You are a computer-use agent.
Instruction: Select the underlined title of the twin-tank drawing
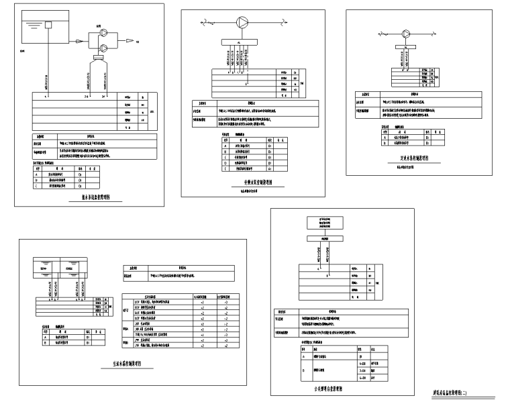[126, 364]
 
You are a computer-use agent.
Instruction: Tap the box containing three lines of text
[323, 224]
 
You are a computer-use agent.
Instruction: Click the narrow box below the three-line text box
[323, 238]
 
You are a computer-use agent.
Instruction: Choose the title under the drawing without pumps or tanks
[329, 389]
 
